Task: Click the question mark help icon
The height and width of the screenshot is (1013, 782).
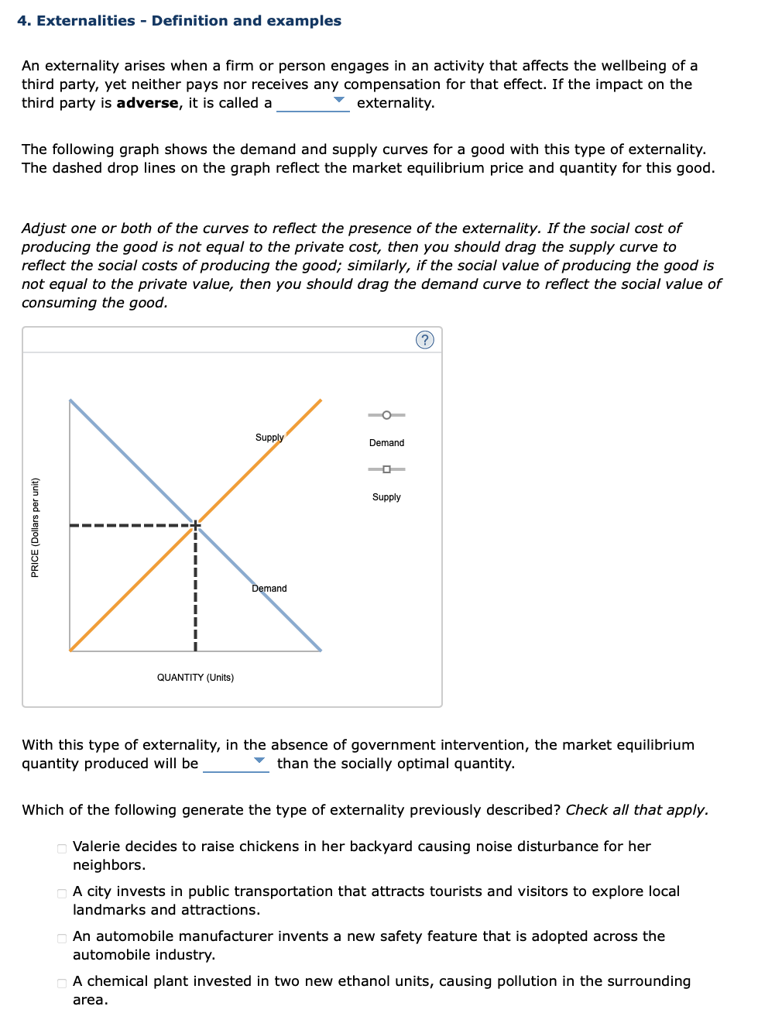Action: [x=425, y=340]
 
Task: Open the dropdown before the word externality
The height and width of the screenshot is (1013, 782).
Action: [x=313, y=102]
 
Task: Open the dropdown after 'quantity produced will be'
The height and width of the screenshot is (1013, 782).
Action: [x=236, y=763]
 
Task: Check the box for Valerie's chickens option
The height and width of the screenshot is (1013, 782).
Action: [x=62, y=848]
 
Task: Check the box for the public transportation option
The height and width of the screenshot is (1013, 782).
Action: [x=62, y=893]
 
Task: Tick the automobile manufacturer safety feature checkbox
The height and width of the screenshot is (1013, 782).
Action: [x=62, y=938]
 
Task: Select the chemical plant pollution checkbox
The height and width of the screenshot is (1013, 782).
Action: [x=62, y=983]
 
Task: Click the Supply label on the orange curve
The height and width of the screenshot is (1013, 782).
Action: [x=269, y=438]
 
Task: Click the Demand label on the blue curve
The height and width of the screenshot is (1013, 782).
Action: [x=269, y=589]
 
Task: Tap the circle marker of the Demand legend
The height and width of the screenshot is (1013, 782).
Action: [x=386, y=415]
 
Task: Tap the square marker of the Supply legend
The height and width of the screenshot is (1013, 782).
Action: [x=386, y=469]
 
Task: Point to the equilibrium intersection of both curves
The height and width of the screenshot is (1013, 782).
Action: [x=196, y=524]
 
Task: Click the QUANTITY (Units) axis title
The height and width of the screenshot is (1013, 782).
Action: [x=195, y=678]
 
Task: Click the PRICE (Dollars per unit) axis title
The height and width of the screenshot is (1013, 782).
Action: [x=35, y=527]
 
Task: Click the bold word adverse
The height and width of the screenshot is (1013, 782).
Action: [x=147, y=103]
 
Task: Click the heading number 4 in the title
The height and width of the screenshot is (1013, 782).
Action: [x=23, y=21]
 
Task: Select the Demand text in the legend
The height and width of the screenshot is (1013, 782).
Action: [x=386, y=443]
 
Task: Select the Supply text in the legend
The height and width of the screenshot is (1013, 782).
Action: [x=386, y=497]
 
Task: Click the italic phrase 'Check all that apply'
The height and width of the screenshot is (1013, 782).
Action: [x=636, y=810]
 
